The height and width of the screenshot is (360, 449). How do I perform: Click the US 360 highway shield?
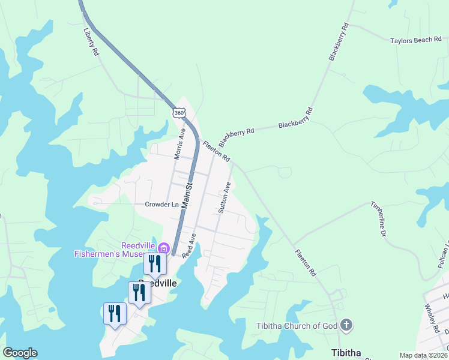pyautogui.click(x=179, y=112)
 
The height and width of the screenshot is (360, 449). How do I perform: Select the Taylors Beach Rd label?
pyautogui.click(x=415, y=40)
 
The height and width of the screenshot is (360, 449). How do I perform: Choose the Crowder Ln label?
pyautogui.click(x=161, y=204)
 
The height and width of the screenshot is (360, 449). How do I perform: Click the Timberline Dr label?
pyautogui.click(x=378, y=217)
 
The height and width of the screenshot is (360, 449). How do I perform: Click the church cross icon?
pyautogui.click(x=346, y=326)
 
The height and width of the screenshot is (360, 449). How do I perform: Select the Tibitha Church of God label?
pyautogui.click(x=296, y=326)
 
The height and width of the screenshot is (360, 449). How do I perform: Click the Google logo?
pyautogui.click(x=20, y=353)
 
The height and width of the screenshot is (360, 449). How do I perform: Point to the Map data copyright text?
pyautogui.click(x=423, y=355)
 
